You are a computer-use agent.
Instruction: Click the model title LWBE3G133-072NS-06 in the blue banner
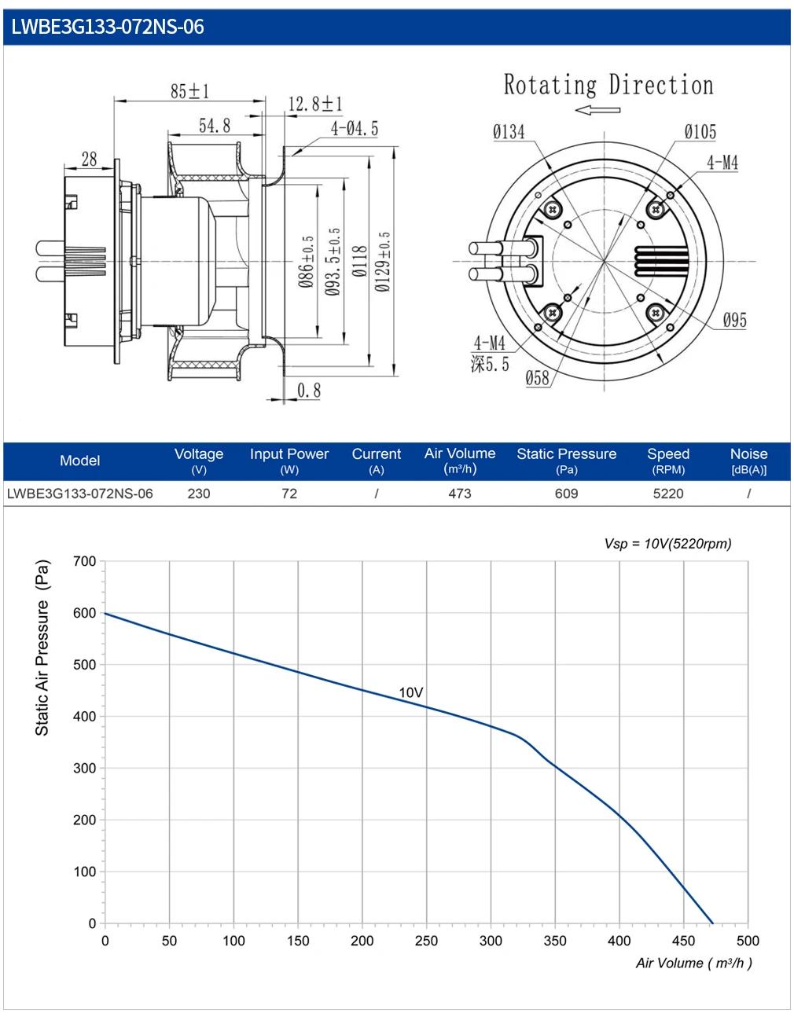(x=108, y=27)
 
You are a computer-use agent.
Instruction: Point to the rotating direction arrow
(x=597, y=110)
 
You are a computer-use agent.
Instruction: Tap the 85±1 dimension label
(x=189, y=90)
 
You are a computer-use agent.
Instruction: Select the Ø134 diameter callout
(x=509, y=131)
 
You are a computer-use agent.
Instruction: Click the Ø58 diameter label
(x=538, y=377)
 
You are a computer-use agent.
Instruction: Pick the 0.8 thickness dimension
(x=309, y=390)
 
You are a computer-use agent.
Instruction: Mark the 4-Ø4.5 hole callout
(x=355, y=128)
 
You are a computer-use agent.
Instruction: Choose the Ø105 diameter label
(x=700, y=131)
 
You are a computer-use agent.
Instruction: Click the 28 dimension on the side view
(x=89, y=160)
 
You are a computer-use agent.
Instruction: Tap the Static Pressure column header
(x=566, y=453)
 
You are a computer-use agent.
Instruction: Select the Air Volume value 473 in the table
(x=459, y=494)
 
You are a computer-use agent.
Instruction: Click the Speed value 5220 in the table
(x=667, y=494)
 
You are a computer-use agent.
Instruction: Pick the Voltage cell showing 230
(x=198, y=494)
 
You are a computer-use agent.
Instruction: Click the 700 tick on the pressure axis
(x=84, y=561)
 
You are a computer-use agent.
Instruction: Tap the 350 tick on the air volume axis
(x=555, y=941)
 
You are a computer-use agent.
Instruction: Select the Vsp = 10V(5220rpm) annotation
(x=667, y=543)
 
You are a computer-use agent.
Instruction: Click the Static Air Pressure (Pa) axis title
(x=42, y=648)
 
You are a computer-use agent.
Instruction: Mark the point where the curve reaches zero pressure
(x=712, y=923)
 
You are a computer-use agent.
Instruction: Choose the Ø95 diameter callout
(x=734, y=321)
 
